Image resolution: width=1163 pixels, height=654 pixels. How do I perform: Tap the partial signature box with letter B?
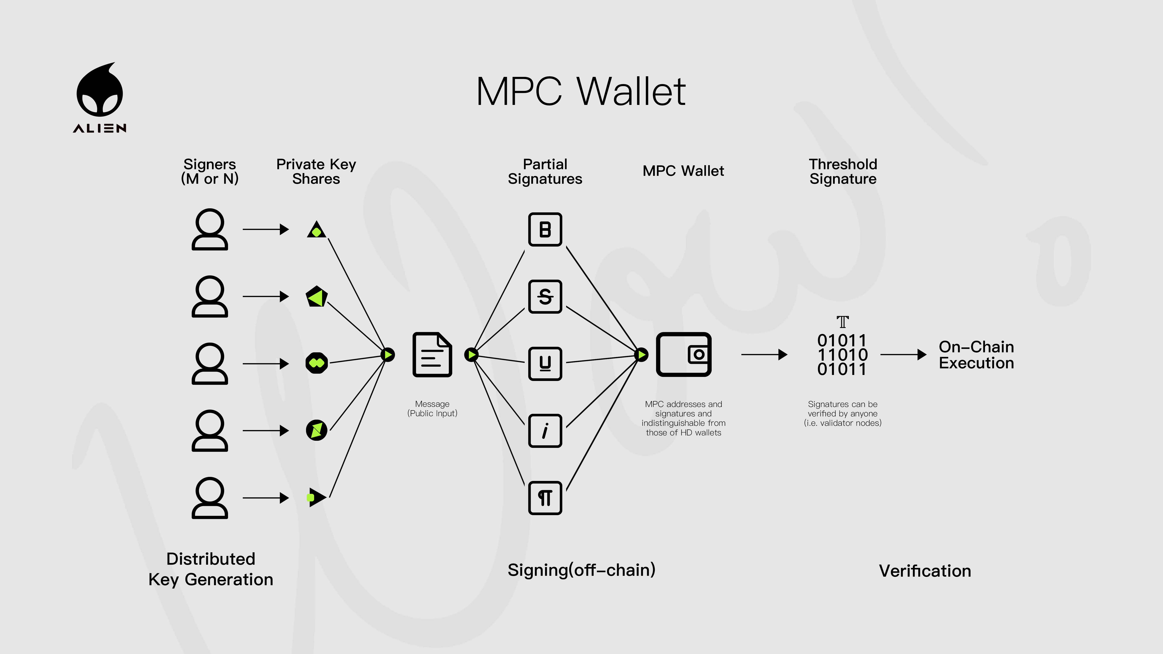click(x=545, y=229)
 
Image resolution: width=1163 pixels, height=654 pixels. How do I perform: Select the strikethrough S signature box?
click(x=545, y=297)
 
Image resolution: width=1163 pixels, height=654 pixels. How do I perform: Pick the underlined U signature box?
click(x=545, y=363)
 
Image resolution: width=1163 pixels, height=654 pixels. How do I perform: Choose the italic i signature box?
click(x=545, y=431)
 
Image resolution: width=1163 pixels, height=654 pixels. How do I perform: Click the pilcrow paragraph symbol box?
click(x=545, y=498)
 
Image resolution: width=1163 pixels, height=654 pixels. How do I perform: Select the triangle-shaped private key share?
click(x=317, y=230)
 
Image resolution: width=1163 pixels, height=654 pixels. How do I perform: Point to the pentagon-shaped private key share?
click(x=317, y=297)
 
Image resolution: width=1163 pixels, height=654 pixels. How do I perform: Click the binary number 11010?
click(x=842, y=355)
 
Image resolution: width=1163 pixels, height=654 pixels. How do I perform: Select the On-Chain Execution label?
click(x=976, y=355)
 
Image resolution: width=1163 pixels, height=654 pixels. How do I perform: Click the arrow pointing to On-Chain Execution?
click(x=903, y=355)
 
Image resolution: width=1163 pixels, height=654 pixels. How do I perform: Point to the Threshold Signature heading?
click(x=842, y=172)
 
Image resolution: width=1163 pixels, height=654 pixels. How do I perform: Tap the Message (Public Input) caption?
click(x=432, y=409)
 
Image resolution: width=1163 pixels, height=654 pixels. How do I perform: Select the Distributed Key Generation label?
click(x=211, y=569)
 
